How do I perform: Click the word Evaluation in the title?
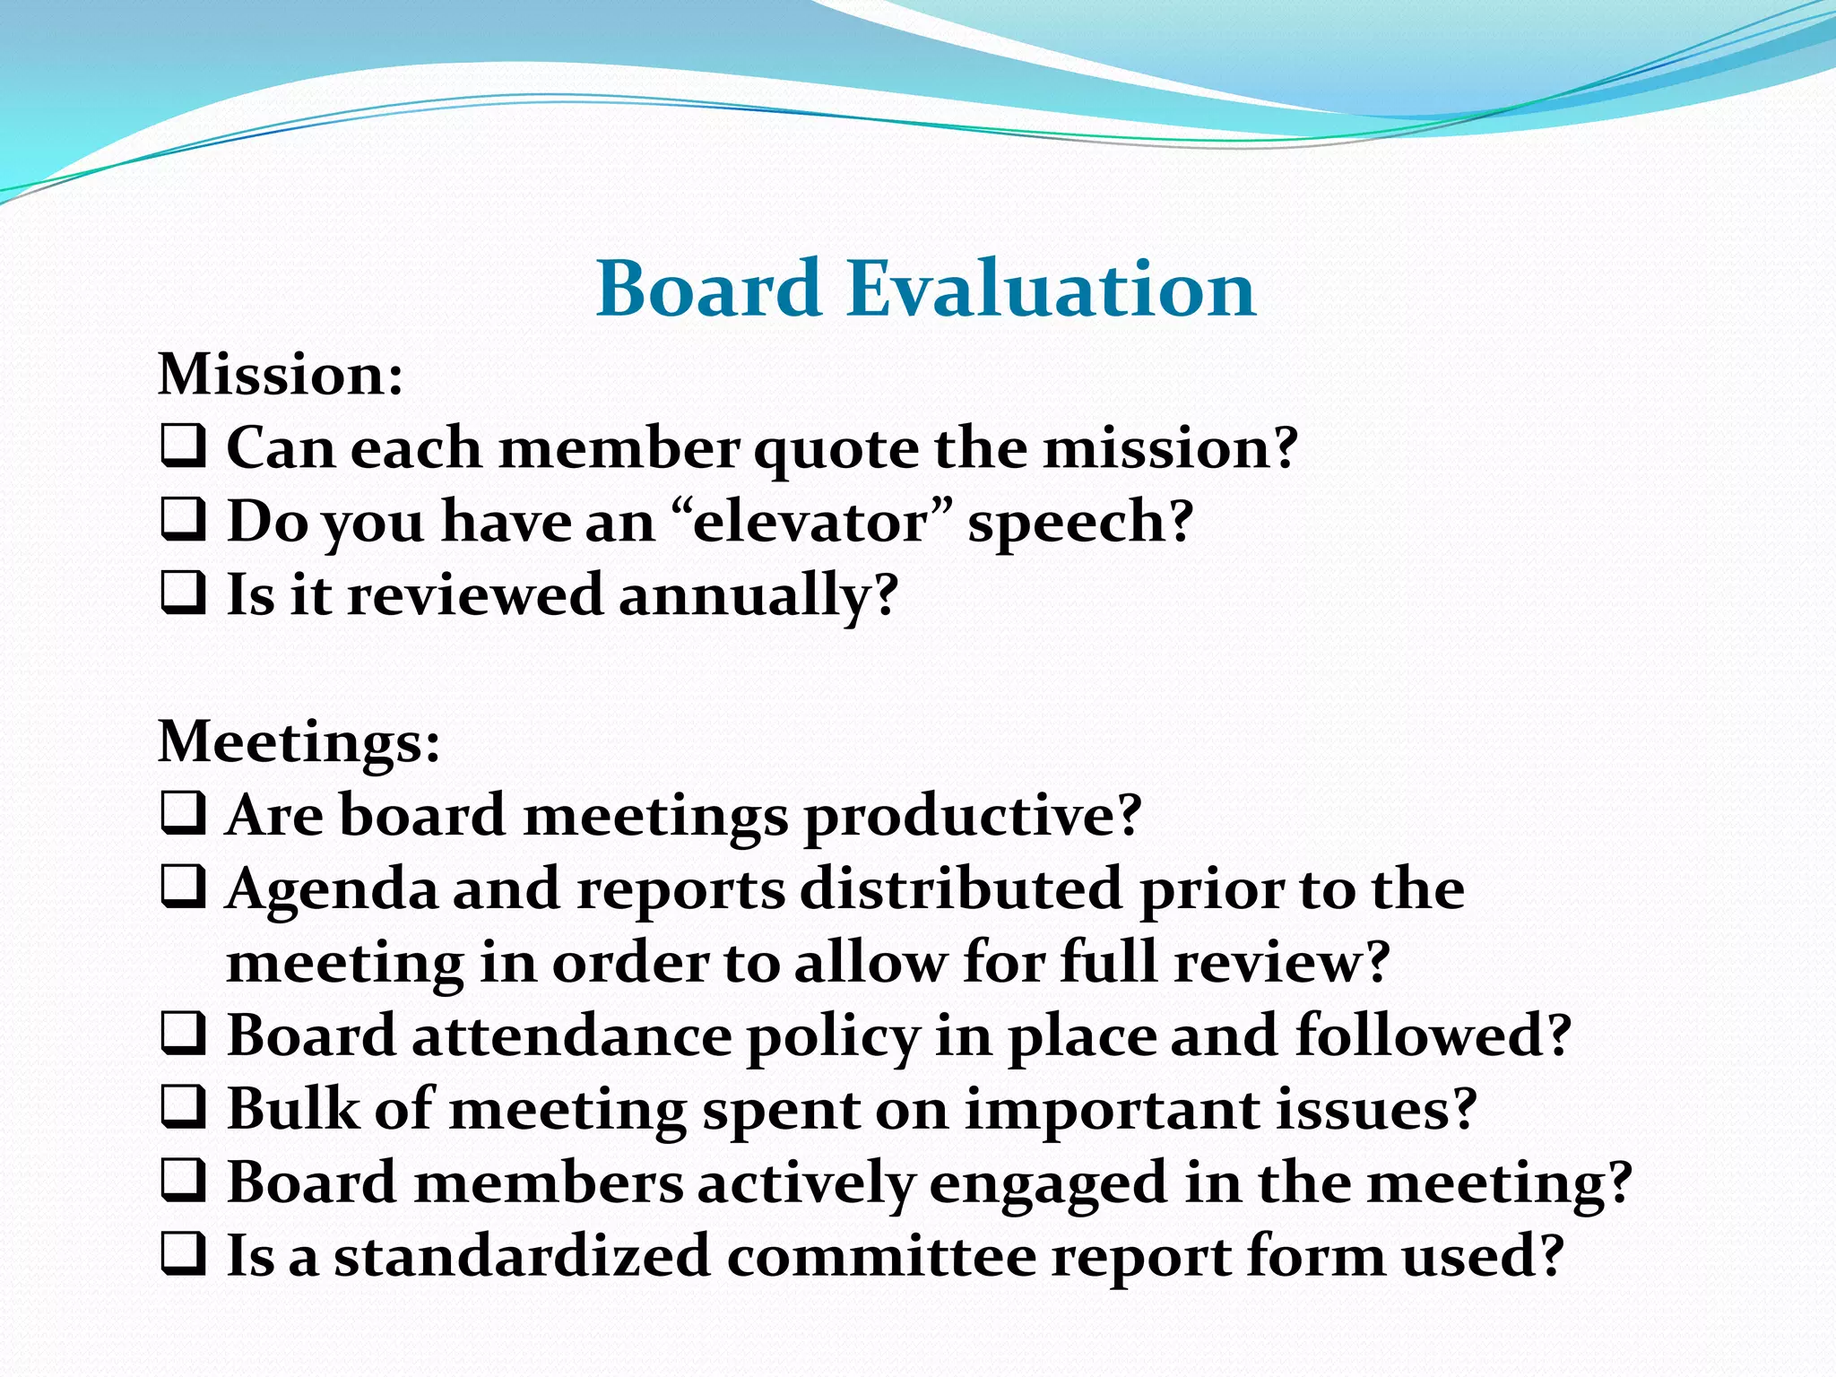(1051, 289)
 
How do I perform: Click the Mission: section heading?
(281, 375)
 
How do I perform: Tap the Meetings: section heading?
(299, 742)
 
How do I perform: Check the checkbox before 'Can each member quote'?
(184, 446)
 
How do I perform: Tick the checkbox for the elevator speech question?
(184, 520)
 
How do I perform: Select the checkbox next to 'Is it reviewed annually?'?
(184, 593)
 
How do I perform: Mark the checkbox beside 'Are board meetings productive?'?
(184, 814)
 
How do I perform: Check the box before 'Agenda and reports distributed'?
(184, 888)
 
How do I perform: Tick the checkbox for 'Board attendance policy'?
(184, 1035)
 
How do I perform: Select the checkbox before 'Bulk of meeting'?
(184, 1108)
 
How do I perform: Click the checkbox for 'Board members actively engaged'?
(184, 1182)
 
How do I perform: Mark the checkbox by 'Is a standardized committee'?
(184, 1255)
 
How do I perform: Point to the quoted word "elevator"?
(811, 522)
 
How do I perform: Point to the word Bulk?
(292, 1109)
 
